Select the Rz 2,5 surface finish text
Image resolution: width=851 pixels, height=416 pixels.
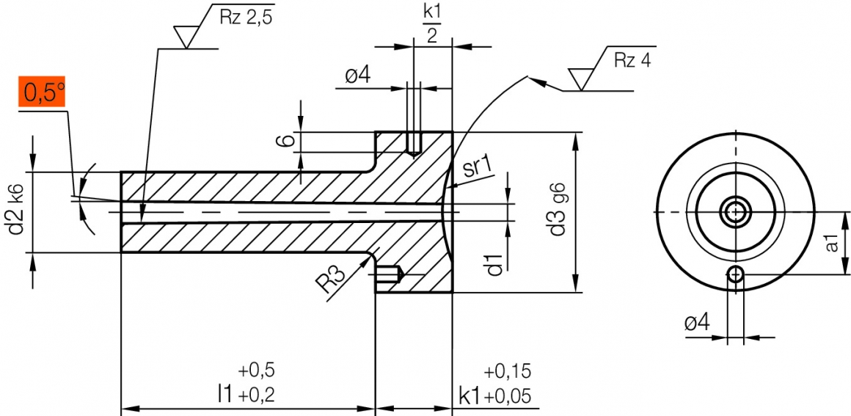tap(246, 18)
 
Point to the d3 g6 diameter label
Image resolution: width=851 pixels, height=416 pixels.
tap(558, 211)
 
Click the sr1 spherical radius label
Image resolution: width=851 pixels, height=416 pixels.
tap(477, 168)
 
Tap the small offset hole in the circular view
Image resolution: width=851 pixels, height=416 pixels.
tap(735, 274)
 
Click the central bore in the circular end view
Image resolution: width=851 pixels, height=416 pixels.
tap(735, 212)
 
